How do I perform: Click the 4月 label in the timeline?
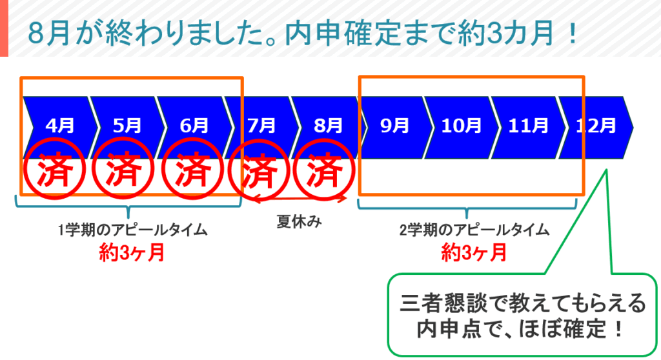60,126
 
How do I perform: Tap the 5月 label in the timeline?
127,126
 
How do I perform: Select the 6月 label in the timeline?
194,126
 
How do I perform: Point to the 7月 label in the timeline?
261,126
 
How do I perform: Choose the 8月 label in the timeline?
329,126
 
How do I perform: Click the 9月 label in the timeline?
395,126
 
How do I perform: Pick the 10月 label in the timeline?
461,126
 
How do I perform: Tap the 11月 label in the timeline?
528,126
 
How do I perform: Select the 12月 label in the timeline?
596,126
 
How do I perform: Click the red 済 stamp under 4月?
54,170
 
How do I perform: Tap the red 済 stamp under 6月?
192,170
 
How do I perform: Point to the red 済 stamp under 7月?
259,170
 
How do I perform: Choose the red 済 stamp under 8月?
324,170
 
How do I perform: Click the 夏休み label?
300,221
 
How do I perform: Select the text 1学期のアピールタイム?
133,230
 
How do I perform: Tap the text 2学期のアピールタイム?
474,230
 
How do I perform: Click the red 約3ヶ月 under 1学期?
132,253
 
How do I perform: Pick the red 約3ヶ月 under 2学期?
474,253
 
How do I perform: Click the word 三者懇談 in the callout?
444,303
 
